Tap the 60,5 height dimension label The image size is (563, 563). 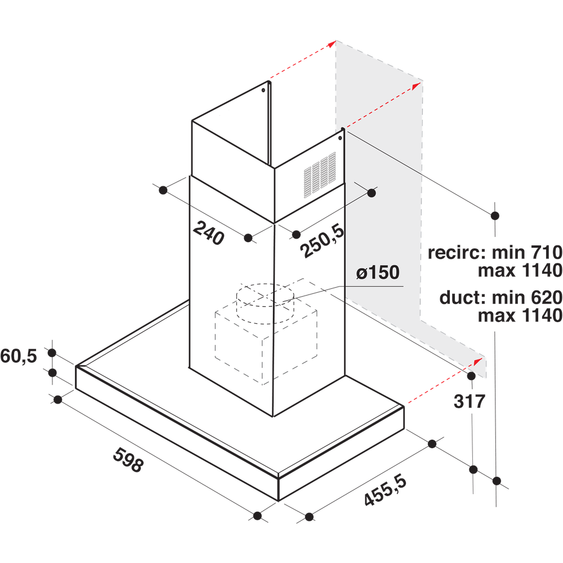pos(19,356)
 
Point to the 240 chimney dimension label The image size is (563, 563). pos(208,233)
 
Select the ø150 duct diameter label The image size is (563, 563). pos(377,274)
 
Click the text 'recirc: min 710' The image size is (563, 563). pos(494,252)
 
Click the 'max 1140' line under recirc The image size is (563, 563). pos(520,271)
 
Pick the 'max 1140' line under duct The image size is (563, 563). pos(520,315)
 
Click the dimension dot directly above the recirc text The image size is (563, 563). pos(495,215)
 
